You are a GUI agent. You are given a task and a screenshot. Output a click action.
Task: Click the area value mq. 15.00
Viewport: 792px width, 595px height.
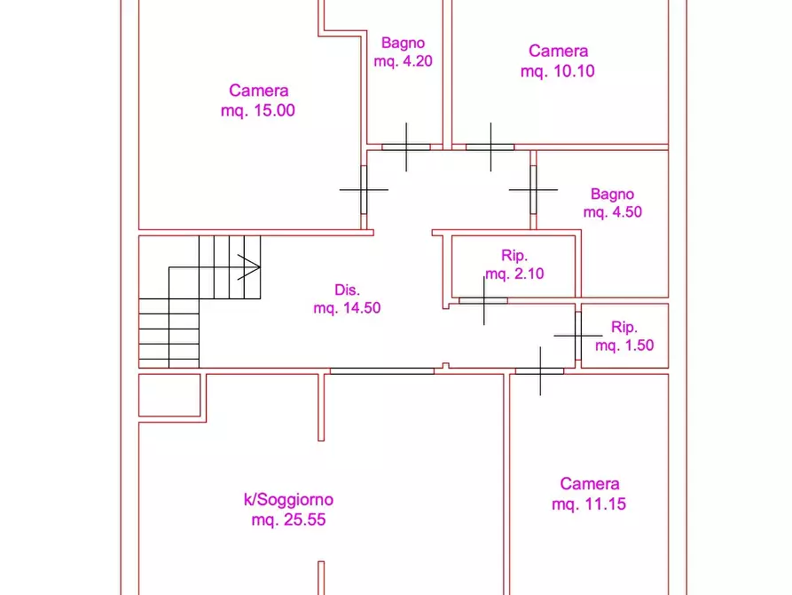click(x=257, y=110)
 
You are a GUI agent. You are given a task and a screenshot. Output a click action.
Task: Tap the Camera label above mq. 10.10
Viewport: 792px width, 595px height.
click(x=558, y=52)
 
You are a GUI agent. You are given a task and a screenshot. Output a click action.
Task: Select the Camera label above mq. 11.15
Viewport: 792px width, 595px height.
click(x=590, y=484)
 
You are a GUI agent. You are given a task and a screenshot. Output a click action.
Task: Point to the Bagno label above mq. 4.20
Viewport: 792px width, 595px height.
click(x=403, y=43)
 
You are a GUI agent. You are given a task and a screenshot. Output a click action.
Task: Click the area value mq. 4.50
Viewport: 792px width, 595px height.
click(x=612, y=211)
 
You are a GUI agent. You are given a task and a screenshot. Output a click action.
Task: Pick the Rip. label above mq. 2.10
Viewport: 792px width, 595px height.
click(x=514, y=255)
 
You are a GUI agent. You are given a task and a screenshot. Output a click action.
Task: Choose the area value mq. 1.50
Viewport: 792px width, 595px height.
click(x=624, y=345)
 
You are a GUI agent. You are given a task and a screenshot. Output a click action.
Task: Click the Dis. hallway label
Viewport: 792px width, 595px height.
click(x=347, y=290)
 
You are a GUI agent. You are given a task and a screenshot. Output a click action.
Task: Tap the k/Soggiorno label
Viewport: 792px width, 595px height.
click(x=288, y=500)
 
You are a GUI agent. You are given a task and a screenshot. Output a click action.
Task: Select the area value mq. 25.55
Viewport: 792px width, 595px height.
click(x=288, y=520)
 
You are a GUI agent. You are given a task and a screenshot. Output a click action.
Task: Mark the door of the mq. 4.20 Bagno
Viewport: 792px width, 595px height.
click(x=406, y=147)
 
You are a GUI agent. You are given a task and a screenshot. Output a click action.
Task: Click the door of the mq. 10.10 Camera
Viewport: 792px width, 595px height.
click(x=490, y=147)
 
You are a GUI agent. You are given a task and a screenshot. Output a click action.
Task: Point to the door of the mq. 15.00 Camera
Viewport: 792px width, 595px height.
click(x=364, y=190)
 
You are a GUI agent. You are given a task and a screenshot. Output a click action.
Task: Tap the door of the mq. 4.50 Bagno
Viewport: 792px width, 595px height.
click(x=533, y=190)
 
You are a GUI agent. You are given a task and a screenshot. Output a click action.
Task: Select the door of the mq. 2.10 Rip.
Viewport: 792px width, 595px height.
click(x=483, y=300)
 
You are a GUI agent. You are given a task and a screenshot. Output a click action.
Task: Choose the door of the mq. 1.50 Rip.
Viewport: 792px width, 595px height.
click(x=578, y=336)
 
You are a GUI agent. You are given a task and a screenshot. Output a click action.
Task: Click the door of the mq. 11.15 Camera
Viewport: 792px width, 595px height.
click(x=539, y=371)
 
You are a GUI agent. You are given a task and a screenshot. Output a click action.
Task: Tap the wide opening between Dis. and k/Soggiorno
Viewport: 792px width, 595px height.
click(x=382, y=371)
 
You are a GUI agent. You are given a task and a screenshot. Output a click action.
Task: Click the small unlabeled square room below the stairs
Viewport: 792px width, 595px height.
click(x=169, y=395)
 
